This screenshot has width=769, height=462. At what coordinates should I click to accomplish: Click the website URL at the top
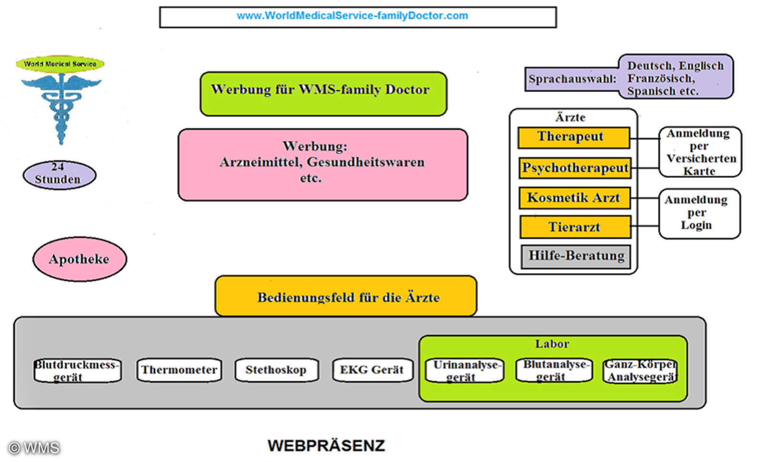point(352,16)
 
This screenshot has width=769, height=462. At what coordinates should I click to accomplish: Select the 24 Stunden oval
point(59,174)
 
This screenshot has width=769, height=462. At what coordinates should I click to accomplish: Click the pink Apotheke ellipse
point(79,259)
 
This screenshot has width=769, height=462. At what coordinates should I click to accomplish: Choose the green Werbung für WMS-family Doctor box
point(323,93)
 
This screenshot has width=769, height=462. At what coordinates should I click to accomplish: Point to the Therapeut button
point(573,137)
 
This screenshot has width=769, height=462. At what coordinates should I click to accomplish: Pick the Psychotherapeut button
point(575,168)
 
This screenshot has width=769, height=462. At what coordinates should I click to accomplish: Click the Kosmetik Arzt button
point(574,198)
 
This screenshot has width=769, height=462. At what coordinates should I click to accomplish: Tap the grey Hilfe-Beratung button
point(576,256)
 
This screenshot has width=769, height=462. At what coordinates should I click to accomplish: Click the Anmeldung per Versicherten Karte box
point(700,152)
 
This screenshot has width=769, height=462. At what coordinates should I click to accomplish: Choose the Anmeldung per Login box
point(699,213)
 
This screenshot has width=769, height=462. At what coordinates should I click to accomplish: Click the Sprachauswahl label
point(572,79)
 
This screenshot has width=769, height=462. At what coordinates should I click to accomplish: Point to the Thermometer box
point(179,370)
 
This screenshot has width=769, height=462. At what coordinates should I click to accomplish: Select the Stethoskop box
point(276,370)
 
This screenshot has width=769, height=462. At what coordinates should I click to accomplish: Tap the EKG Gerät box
point(372,370)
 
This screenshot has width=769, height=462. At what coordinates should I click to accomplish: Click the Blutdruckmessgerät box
point(77,371)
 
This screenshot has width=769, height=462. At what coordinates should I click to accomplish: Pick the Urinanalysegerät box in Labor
point(464,371)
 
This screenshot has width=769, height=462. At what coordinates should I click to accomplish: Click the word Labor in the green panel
point(552,344)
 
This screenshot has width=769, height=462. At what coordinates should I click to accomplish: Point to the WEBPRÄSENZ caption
point(326,446)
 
